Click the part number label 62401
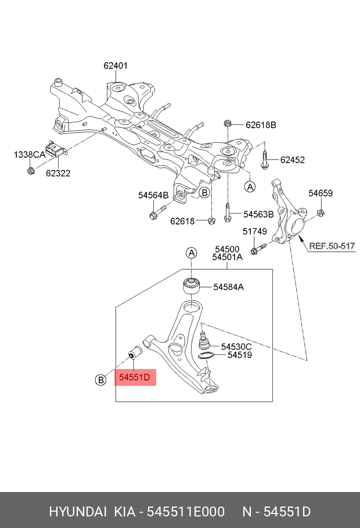point(116,66)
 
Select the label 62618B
point(261,125)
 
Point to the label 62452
point(292,160)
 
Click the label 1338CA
point(30,154)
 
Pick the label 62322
point(59,172)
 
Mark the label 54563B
point(258,214)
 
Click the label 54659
point(320,193)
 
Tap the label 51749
point(254,232)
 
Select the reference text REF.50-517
point(332,246)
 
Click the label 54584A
point(228,287)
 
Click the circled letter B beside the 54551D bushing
point(100,380)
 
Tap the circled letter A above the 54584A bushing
point(191,252)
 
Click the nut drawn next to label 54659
point(321,216)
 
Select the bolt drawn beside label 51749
point(258,249)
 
